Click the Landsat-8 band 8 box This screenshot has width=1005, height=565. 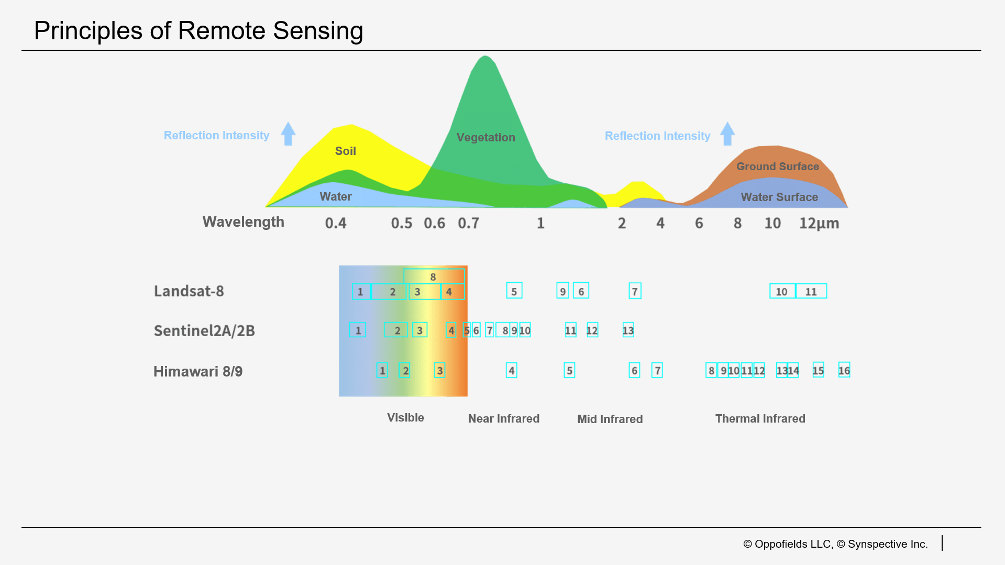pyautogui.click(x=434, y=276)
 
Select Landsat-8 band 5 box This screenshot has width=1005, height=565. pyautogui.click(x=514, y=291)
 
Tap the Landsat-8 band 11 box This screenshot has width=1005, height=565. pyautogui.click(x=811, y=291)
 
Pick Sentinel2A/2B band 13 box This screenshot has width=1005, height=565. pyautogui.click(x=628, y=330)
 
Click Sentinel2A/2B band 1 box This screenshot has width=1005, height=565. pyautogui.click(x=358, y=330)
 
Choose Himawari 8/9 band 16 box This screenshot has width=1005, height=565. pyautogui.click(x=844, y=370)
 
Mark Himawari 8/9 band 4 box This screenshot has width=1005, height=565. pyautogui.click(x=512, y=370)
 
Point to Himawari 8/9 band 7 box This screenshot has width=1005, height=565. pyautogui.click(x=657, y=370)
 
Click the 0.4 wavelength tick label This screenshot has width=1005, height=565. pyautogui.click(x=336, y=224)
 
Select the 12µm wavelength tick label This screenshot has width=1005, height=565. pyautogui.click(x=819, y=224)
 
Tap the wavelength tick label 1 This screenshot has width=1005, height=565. pyautogui.click(x=540, y=224)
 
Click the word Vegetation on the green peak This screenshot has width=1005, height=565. pyautogui.click(x=485, y=138)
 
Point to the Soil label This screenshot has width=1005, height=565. pyautogui.click(x=346, y=151)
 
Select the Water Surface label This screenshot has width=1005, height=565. pyautogui.click(x=779, y=197)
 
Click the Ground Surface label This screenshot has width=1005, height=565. pyautogui.click(x=778, y=167)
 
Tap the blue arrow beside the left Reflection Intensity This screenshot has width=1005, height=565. pyautogui.click(x=288, y=134)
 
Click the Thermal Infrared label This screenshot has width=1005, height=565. pyautogui.click(x=760, y=419)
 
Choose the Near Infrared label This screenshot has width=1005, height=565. pyautogui.click(x=504, y=419)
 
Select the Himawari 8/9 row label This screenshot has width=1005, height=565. pyautogui.click(x=198, y=372)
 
